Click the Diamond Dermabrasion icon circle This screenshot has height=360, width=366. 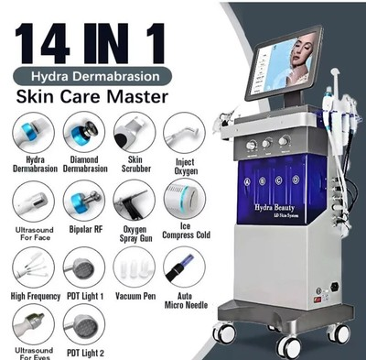83,132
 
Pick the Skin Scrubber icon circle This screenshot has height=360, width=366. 134,132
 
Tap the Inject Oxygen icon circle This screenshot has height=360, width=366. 182,132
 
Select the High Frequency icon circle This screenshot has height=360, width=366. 33,267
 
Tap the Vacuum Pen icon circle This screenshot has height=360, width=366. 134,267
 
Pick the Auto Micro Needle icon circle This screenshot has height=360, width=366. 182,267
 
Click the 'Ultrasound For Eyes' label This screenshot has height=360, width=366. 33,354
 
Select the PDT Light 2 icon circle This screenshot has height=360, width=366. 83,327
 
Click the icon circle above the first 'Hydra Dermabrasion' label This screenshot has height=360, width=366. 33,132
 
